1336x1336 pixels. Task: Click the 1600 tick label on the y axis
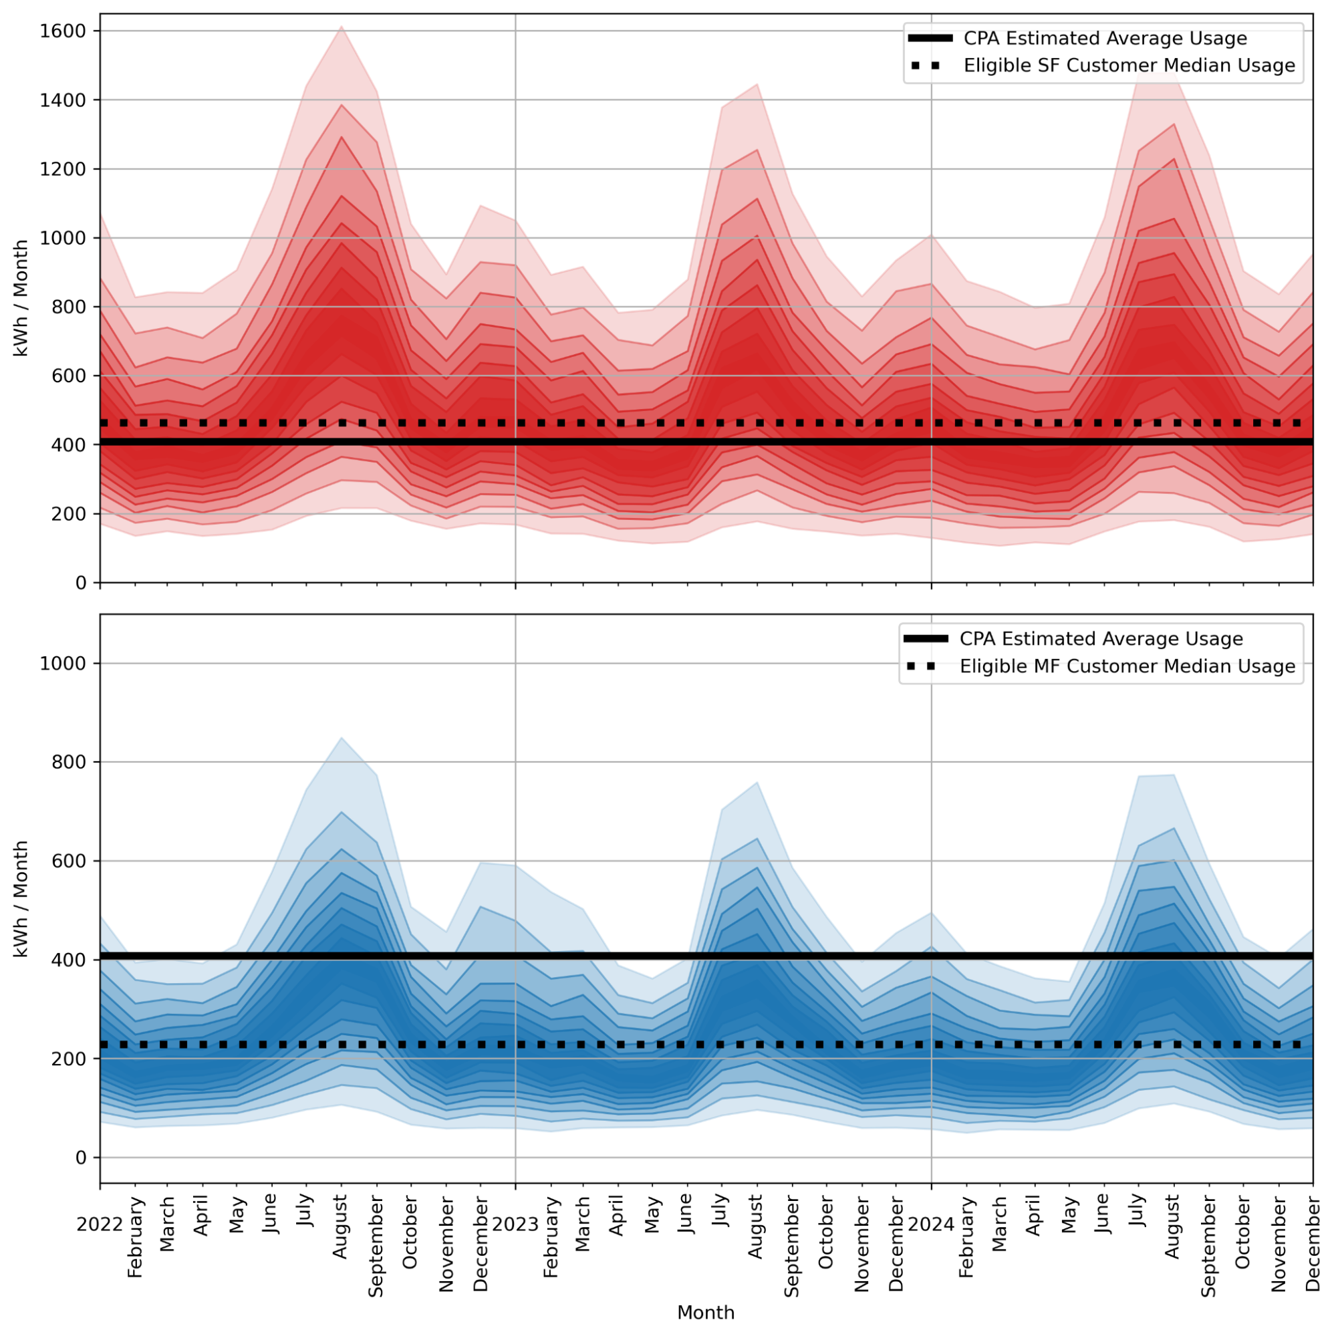(63, 31)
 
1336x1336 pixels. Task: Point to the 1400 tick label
(63, 100)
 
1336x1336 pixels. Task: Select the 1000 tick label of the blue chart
(63, 664)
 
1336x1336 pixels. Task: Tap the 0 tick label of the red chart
(81, 583)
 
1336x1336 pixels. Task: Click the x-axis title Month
(705, 1313)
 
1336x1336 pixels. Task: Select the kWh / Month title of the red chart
(21, 298)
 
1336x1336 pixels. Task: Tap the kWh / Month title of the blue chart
(21, 899)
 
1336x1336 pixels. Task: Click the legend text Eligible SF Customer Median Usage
(1129, 65)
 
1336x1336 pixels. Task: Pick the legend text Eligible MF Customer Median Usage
(1127, 666)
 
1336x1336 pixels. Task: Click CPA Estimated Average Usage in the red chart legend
(1105, 39)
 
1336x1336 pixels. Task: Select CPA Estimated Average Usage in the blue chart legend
(1101, 639)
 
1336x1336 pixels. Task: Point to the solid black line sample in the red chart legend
(930, 39)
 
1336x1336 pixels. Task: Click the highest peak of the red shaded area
(342, 27)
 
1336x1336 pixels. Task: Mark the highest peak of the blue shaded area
(342, 738)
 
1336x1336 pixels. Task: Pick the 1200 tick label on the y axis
(63, 169)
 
